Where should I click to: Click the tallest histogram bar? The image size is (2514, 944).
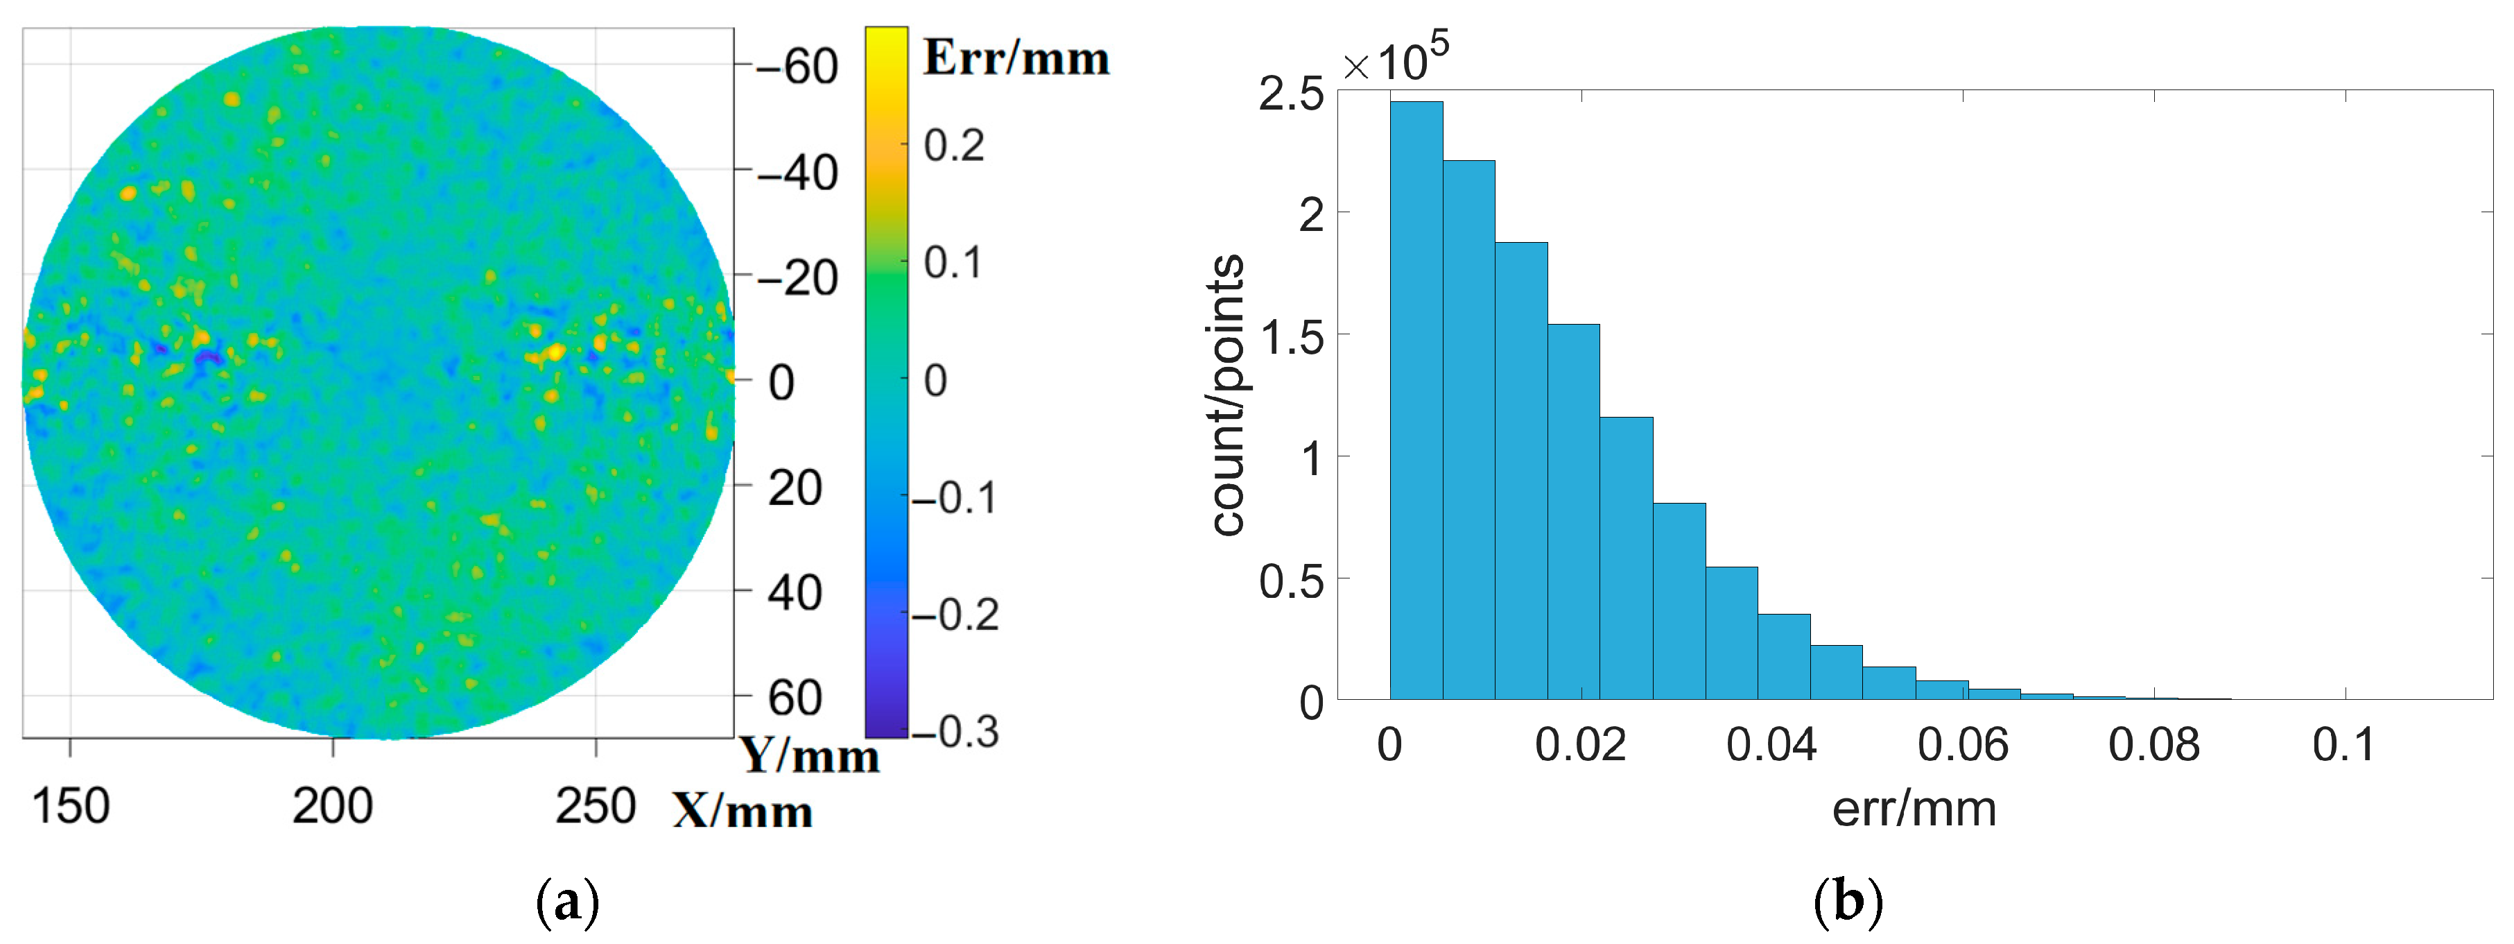pyautogui.click(x=1415, y=400)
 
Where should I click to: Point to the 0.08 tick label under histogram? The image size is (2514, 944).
pyautogui.click(x=2154, y=746)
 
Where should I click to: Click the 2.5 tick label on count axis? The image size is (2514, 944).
pyautogui.click(x=1291, y=95)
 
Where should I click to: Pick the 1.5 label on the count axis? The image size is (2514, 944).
pyautogui.click(x=1291, y=338)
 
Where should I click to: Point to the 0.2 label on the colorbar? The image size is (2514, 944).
pyautogui.click(x=953, y=146)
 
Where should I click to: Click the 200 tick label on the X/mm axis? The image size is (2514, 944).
pyautogui.click(x=332, y=807)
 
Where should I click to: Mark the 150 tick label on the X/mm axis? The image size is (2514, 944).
pyautogui.click(x=70, y=807)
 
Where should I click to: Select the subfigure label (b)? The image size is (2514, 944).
pyautogui.click(x=1848, y=901)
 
